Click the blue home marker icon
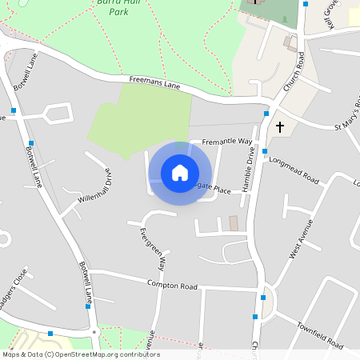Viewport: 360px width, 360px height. tap(180, 172)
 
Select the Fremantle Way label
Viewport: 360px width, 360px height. tap(227, 142)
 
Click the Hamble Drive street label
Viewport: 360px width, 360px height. tap(248, 168)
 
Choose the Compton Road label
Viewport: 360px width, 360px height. tap(172, 285)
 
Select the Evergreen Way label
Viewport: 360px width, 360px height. tap(151, 248)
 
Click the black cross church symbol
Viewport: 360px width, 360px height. tap(280, 126)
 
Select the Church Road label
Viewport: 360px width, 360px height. tap(294, 72)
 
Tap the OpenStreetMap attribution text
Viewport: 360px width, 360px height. tap(80, 354)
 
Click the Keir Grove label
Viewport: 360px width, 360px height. tap(332, 13)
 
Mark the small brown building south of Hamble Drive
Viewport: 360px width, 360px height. tap(234, 223)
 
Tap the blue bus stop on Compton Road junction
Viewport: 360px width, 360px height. tap(262, 298)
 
